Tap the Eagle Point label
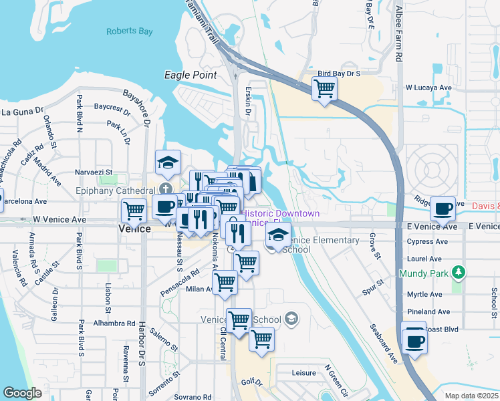(191, 76)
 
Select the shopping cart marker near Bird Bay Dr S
(324, 88)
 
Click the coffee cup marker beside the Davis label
(443, 209)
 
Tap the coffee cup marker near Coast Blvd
(414, 340)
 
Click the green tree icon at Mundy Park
(458, 273)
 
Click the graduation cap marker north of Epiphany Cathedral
(168, 162)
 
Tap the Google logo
(22, 393)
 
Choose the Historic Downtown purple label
(280, 213)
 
